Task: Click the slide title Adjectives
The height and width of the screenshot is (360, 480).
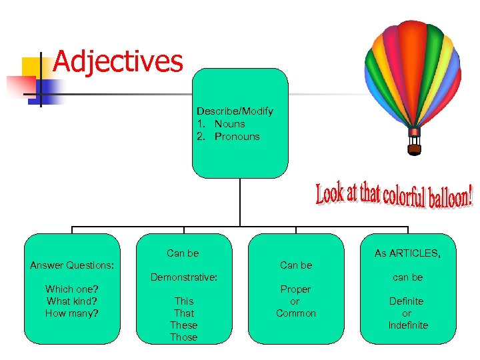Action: (x=117, y=61)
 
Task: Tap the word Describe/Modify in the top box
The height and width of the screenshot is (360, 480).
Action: (x=235, y=111)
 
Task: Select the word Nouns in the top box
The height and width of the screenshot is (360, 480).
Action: (x=229, y=124)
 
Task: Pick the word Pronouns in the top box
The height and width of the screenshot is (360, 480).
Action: (x=237, y=137)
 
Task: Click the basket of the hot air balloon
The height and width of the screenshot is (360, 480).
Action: (x=414, y=149)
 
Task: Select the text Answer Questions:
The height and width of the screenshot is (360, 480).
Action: (x=72, y=265)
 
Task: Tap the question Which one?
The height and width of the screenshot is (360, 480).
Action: (x=72, y=289)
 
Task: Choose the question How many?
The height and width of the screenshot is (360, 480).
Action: (x=72, y=313)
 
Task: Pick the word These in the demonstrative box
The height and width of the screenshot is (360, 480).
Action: (x=184, y=325)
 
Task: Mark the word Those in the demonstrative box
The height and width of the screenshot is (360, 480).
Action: (x=184, y=337)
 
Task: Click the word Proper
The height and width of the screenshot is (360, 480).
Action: (x=295, y=289)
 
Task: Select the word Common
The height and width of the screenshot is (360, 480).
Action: (x=296, y=313)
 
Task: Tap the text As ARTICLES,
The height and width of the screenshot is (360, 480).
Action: (x=407, y=253)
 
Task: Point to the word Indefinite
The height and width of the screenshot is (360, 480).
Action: (x=407, y=325)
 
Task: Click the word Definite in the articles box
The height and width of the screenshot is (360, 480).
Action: (x=407, y=301)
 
